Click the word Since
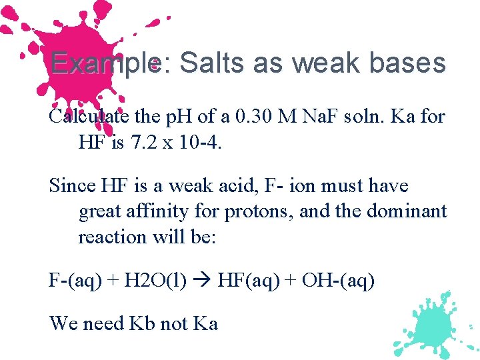(69, 186)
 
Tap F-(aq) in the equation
(75, 281)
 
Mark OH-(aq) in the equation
(338, 281)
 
